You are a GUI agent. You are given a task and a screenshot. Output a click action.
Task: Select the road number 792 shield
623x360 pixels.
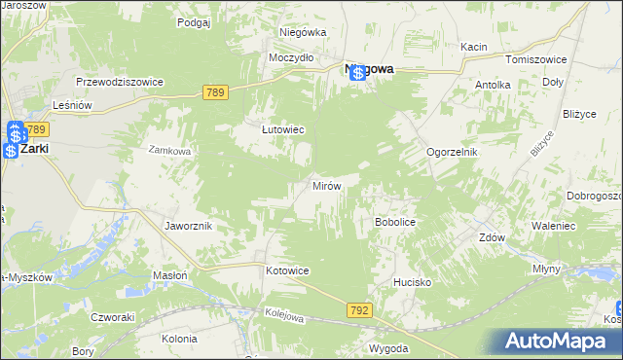pyautogui.click(x=358, y=309)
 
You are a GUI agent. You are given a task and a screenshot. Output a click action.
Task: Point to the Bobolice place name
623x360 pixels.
pyautogui.click(x=395, y=223)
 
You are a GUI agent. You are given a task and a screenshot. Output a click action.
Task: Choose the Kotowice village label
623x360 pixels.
pyautogui.click(x=287, y=270)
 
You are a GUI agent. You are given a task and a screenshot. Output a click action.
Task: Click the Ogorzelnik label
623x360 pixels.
pyautogui.click(x=453, y=153)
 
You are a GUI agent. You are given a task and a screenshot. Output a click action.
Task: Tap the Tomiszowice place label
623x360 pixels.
pyautogui.click(x=530, y=59)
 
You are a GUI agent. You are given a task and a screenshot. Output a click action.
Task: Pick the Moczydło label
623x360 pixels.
pyautogui.click(x=291, y=57)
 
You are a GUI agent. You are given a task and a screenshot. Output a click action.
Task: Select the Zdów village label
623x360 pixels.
pyautogui.click(x=493, y=237)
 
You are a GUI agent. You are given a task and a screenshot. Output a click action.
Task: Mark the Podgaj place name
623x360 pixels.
pyautogui.click(x=194, y=21)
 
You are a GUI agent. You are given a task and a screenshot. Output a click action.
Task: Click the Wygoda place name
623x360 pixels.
pyautogui.click(x=387, y=347)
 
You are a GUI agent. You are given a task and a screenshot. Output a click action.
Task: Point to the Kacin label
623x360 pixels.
pyautogui.click(x=474, y=47)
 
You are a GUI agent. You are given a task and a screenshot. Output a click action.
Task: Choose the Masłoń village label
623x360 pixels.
pyautogui.click(x=170, y=276)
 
